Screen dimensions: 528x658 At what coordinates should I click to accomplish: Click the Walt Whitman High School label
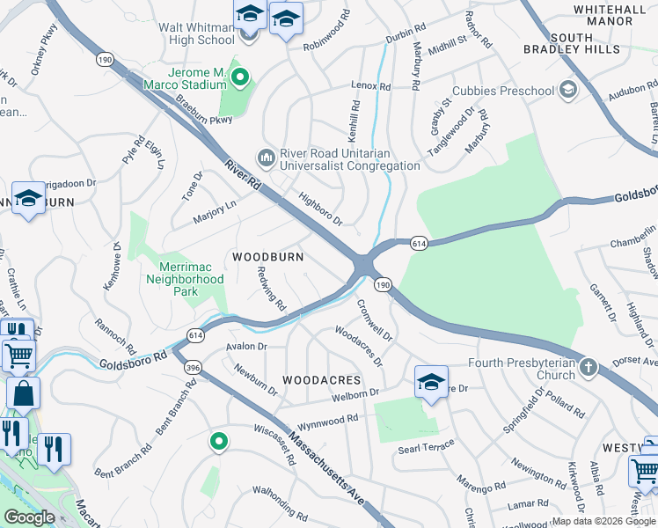click(196, 33)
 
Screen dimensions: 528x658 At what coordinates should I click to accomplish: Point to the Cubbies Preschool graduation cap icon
click(568, 90)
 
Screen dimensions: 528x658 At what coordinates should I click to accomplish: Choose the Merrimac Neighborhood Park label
click(192, 273)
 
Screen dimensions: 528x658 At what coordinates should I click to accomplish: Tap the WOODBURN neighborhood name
click(267, 257)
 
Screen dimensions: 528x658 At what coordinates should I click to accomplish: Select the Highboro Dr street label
click(320, 209)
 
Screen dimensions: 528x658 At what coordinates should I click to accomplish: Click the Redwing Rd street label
click(271, 290)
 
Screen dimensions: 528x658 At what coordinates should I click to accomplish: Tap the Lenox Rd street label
click(370, 86)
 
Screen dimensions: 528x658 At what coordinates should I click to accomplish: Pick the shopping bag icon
click(23, 393)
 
